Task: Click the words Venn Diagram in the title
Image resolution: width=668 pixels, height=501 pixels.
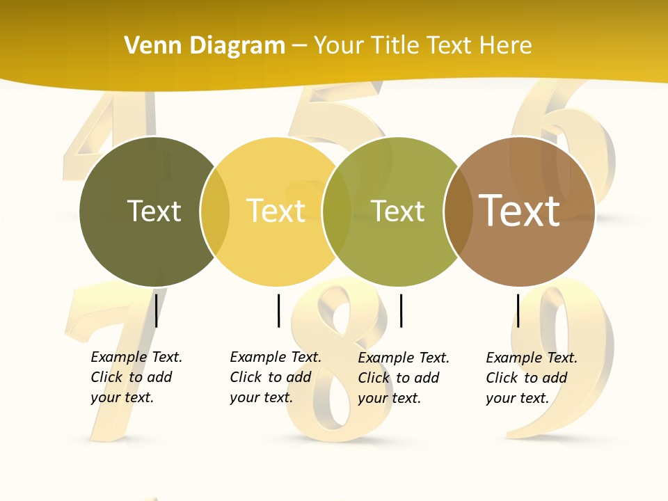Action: point(205,46)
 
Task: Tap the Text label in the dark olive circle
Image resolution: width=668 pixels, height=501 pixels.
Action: point(154,211)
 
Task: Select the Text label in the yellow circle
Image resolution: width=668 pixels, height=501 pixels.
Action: point(276,211)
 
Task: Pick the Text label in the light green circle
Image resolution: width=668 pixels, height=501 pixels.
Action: point(398,211)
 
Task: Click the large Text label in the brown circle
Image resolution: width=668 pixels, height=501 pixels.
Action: point(520,210)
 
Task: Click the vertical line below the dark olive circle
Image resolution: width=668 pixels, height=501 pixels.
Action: point(156,310)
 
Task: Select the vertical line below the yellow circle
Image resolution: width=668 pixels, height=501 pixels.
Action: point(278,310)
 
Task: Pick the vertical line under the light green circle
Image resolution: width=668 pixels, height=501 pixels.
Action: point(401,310)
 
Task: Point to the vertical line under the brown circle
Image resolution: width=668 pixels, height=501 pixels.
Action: point(518,310)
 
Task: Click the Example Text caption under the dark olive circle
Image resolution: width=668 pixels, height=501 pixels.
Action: point(136,377)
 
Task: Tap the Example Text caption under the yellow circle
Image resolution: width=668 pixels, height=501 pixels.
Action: point(275,377)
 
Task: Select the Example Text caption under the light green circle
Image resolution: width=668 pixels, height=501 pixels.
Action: point(403,378)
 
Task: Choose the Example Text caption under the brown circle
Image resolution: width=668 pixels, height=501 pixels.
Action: point(531,378)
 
